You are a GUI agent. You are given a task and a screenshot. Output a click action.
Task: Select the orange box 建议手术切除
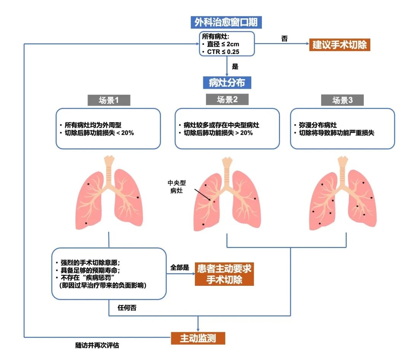click(339, 45)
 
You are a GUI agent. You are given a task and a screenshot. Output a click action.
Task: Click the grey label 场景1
click(109, 100)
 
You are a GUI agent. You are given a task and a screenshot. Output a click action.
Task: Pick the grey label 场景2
click(227, 100)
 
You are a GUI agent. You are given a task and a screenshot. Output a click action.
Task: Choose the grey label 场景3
click(342, 100)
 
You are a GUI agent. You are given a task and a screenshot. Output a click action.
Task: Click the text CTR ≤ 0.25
click(226, 52)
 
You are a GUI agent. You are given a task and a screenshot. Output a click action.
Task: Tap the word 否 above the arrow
click(284, 38)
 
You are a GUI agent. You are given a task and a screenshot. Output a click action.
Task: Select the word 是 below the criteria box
click(235, 67)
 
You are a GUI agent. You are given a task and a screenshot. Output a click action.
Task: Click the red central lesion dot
click(214, 201)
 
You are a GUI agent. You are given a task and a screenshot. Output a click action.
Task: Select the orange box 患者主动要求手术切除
click(224, 274)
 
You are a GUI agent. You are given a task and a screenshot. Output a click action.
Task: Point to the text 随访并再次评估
click(97, 346)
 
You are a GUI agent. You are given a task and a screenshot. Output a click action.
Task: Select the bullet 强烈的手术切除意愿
click(91, 263)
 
